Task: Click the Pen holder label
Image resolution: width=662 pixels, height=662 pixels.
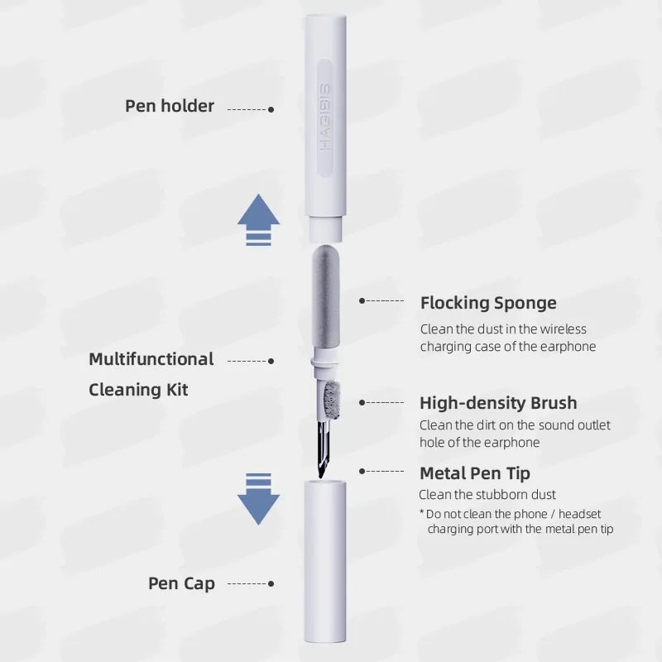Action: [x=170, y=106]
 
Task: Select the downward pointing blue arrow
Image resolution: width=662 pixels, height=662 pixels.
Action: [x=258, y=498]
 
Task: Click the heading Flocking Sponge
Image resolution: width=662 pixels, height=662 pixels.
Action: [x=488, y=303]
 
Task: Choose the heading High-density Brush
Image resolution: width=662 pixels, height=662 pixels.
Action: [x=498, y=403]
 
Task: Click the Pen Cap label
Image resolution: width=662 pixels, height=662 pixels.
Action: [x=181, y=583]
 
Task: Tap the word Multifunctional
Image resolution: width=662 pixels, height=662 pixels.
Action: [x=151, y=359]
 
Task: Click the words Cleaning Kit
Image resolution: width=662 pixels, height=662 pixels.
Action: [x=138, y=389]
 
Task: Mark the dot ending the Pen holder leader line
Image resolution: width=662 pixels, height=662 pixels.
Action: [x=271, y=109]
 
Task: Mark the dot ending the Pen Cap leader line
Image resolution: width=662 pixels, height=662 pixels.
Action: [x=271, y=584]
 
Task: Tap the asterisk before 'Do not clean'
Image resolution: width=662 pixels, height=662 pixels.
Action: [x=421, y=514]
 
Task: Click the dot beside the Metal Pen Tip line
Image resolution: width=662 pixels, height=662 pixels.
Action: [x=362, y=471]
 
